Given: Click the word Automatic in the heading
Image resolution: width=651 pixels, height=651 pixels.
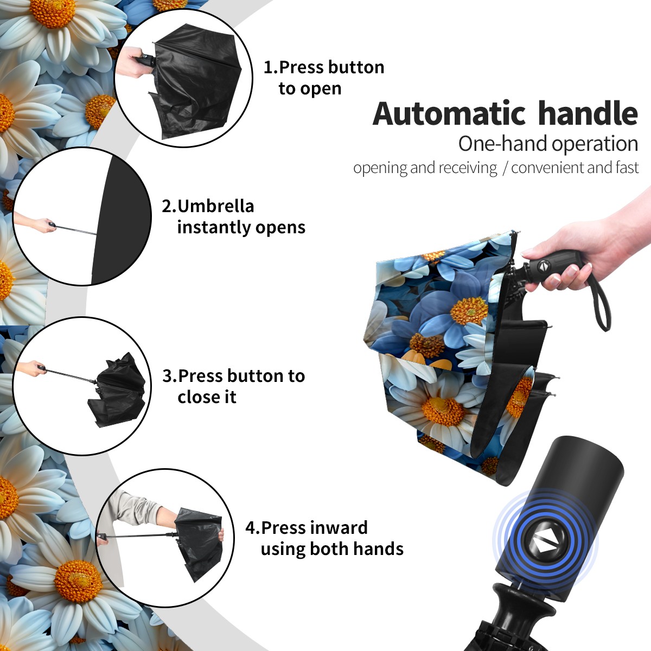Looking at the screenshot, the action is click(449, 113).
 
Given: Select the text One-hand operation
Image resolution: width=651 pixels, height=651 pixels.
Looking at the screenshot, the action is click(548, 144).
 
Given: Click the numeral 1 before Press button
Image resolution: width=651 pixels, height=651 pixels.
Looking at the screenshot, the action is click(267, 67).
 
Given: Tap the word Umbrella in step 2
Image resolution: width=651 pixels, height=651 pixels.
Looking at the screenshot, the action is click(215, 206).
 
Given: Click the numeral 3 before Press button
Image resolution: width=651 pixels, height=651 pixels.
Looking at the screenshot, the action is click(167, 376).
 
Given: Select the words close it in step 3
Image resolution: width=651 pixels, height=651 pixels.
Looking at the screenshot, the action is click(207, 397).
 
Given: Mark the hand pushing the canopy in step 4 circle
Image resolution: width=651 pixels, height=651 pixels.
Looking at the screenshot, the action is click(221, 535).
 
